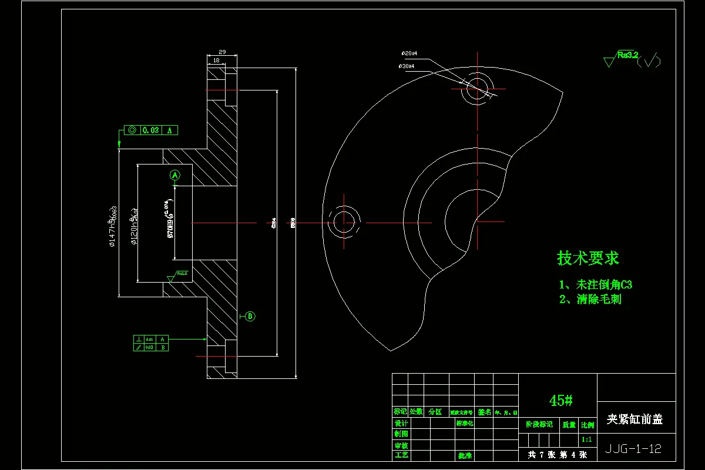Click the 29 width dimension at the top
click(222, 52)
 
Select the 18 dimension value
click(216, 60)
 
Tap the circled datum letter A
click(174, 174)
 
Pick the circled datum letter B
click(250, 316)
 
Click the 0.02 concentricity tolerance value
click(150, 130)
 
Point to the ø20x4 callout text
click(409, 53)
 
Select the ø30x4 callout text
click(407, 66)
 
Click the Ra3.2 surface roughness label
click(627, 55)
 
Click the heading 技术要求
click(587, 258)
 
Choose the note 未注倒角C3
click(596, 285)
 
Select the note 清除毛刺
click(590, 299)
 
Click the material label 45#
click(560, 401)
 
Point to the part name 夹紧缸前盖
click(634, 419)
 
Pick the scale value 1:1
click(586, 439)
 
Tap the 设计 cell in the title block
click(401, 424)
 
